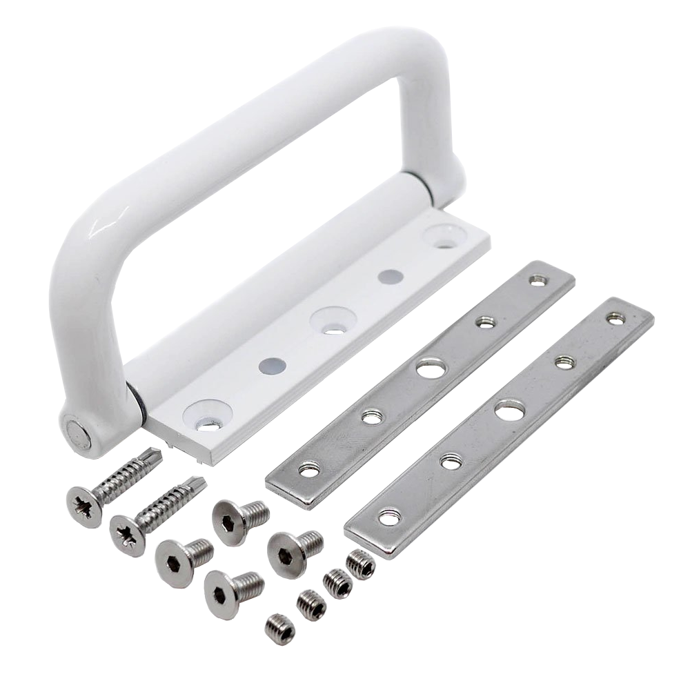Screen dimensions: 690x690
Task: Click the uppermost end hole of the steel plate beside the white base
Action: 536,280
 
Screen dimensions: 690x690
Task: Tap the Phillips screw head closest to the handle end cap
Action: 81,504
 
